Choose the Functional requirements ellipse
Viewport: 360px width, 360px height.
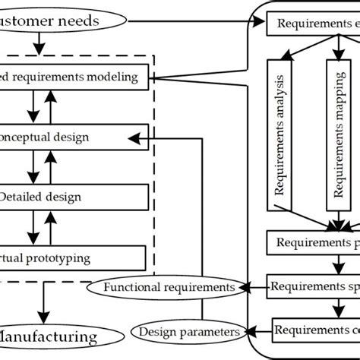[169, 287]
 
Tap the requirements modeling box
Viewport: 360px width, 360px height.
[76, 76]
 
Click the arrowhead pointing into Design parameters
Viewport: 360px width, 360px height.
[248, 331]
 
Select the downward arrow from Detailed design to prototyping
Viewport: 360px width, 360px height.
[32, 226]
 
